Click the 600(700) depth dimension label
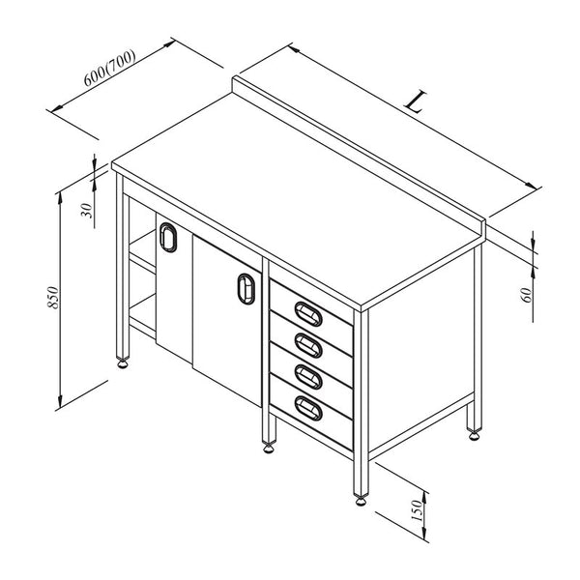point(110,68)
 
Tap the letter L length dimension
point(415,101)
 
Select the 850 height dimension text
point(53,298)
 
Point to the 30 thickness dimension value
point(87,211)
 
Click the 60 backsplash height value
point(526,295)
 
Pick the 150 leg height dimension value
point(416,510)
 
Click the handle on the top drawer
point(308,313)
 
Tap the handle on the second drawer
point(308,345)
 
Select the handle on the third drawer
point(308,377)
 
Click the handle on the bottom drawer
point(308,408)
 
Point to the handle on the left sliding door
point(168,237)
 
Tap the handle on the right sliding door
point(246,289)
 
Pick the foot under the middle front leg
point(269,448)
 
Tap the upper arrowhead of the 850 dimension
point(60,199)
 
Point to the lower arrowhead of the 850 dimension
point(60,401)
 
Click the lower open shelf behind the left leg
point(142,312)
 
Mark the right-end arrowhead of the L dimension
point(532,186)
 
